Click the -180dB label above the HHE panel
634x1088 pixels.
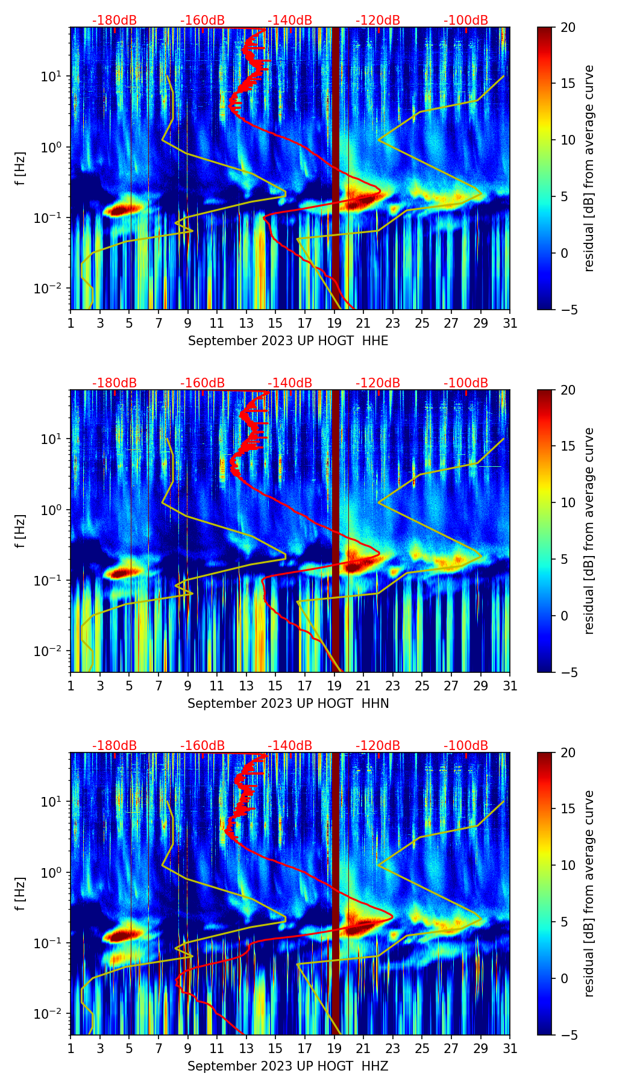[x=115, y=20]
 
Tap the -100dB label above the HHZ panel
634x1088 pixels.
[x=466, y=746]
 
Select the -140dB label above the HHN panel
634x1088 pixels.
[x=290, y=383]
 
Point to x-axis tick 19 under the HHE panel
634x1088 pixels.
[x=334, y=323]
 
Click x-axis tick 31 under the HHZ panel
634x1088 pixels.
[x=510, y=1048]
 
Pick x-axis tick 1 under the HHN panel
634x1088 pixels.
[x=71, y=686]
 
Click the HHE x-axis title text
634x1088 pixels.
[x=288, y=341]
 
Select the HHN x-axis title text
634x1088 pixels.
[x=288, y=704]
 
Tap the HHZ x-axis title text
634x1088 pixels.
[x=288, y=1066]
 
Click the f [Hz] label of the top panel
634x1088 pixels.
[x=21, y=169]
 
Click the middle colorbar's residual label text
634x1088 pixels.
[x=589, y=531]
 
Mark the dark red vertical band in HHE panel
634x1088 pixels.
[x=336, y=169]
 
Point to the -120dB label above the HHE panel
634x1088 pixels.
[x=378, y=20]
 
